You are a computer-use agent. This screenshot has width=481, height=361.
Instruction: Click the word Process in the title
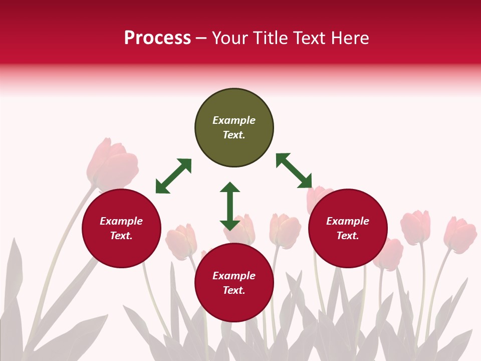(157, 38)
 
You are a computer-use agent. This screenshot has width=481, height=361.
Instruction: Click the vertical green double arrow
(230, 206)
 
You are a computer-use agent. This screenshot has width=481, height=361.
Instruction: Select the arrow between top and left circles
(173, 176)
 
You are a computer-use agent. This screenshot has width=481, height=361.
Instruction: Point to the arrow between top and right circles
(294, 170)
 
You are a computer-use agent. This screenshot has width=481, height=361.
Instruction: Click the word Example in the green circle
(234, 120)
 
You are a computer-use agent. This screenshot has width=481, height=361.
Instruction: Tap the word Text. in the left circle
(121, 236)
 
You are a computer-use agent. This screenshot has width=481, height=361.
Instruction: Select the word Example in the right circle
(348, 221)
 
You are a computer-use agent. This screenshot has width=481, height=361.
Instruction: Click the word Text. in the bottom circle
(234, 290)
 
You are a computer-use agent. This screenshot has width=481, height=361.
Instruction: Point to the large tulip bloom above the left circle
(112, 164)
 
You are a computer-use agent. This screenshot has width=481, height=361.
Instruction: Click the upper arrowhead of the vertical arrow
(230, 188)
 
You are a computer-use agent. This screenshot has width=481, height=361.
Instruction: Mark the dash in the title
(201, 39)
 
